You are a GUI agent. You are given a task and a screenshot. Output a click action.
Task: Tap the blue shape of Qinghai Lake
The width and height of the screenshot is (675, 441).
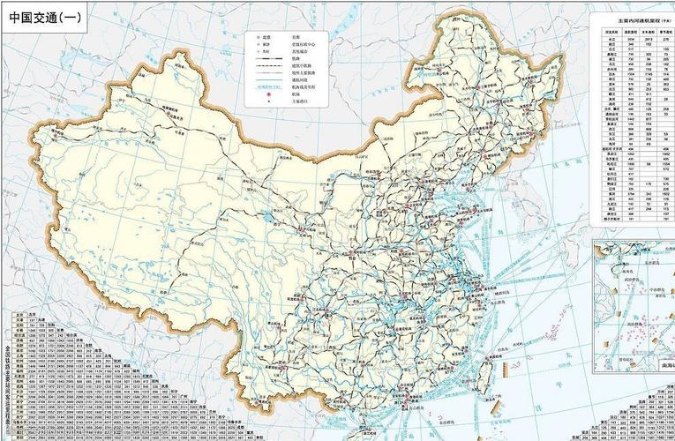266,216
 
